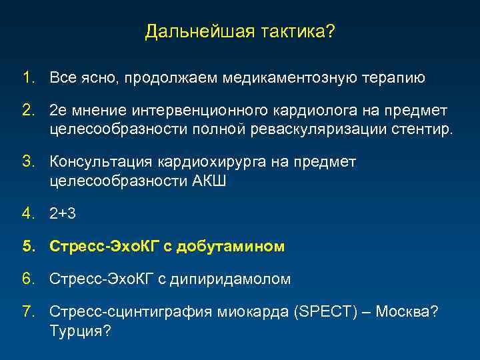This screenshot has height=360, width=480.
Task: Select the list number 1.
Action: tap(27, 78)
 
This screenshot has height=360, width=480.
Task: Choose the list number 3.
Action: tap(27, 162)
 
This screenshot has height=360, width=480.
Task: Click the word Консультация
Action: tap(100, 162)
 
